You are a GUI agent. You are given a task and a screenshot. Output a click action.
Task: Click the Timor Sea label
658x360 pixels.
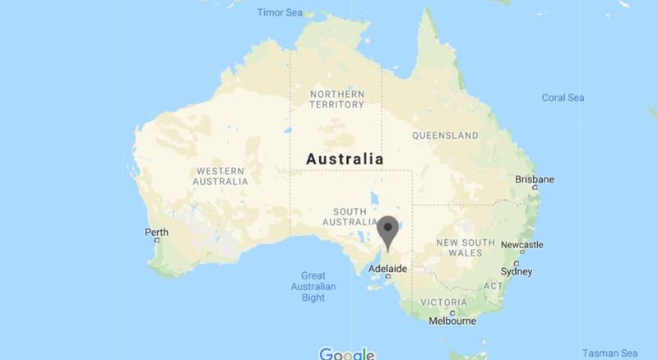point(280,13)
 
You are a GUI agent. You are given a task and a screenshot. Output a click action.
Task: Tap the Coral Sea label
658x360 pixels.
point(563,98)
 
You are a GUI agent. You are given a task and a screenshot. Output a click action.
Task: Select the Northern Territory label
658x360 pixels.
point(336,99)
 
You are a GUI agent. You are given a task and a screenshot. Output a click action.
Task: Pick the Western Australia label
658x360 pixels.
point(220,176)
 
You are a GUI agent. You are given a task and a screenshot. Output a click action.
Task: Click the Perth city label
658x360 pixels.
point(156,233)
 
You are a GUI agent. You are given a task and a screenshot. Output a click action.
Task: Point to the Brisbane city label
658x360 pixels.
point(534,179)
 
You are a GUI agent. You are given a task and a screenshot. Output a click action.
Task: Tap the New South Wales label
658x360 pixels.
point(466,247)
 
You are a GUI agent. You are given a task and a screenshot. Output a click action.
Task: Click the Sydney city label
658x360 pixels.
point(517,271)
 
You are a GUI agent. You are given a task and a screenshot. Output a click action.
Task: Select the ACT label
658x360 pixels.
point(493,285)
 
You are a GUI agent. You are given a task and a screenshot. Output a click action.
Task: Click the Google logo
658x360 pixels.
point(346,354)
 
